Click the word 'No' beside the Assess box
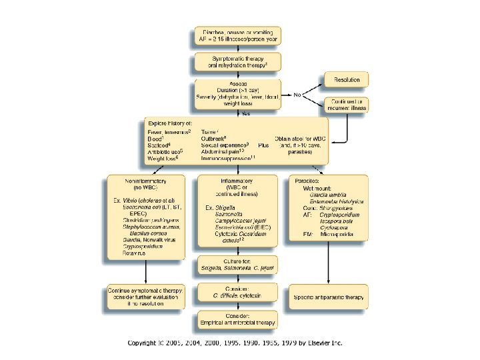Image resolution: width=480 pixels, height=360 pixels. [297, 95]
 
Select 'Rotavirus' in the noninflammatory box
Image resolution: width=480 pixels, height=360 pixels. [133, 253]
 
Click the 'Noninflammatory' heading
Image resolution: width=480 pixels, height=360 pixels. [146, 180]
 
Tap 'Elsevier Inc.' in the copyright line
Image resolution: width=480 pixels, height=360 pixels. [323, 343]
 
